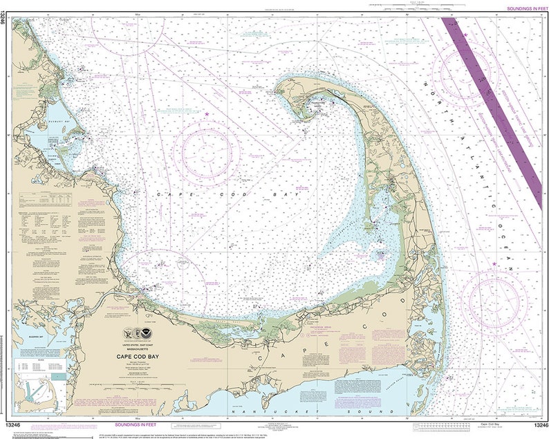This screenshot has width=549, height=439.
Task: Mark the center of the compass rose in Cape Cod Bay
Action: coord(206,153)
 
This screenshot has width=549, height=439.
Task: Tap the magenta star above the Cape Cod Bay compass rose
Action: coord(206,114)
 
